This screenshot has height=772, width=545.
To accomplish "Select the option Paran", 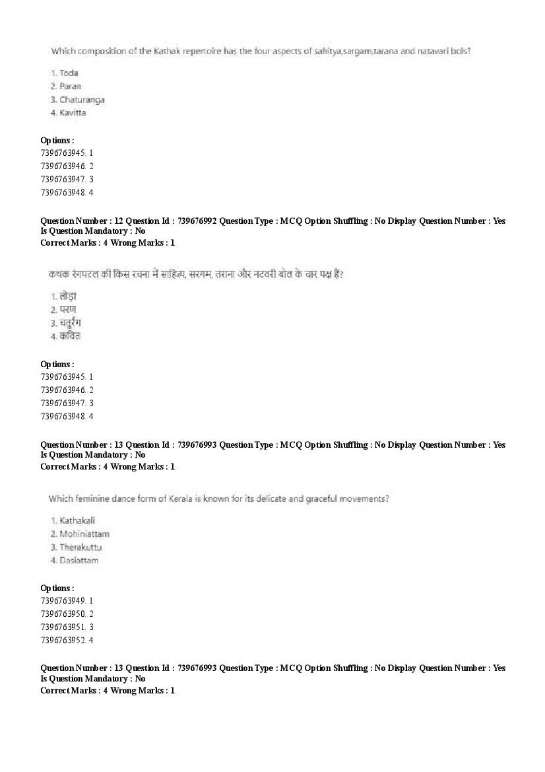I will pos(70,86).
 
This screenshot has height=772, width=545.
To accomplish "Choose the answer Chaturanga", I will pos(82,100).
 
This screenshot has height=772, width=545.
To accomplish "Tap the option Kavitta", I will pos(73,113).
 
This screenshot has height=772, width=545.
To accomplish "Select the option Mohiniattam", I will pos(84,534).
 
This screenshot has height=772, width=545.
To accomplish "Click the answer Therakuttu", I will pos(80,547).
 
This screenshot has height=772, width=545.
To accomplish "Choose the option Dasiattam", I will pos(79,560).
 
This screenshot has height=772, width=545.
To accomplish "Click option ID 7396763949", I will pos(63,600).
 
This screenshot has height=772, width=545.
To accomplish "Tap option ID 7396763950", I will pos(63,614).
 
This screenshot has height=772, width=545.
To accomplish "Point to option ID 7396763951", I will pos(63,627).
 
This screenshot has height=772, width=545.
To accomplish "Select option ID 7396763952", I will pos(63,640).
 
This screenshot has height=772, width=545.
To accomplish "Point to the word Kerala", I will pos(190,499).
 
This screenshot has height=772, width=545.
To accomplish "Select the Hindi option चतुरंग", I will pos(70,323).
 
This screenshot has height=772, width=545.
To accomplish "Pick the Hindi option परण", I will pos(67,310).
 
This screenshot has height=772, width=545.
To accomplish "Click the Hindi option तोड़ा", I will pos(68,297).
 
